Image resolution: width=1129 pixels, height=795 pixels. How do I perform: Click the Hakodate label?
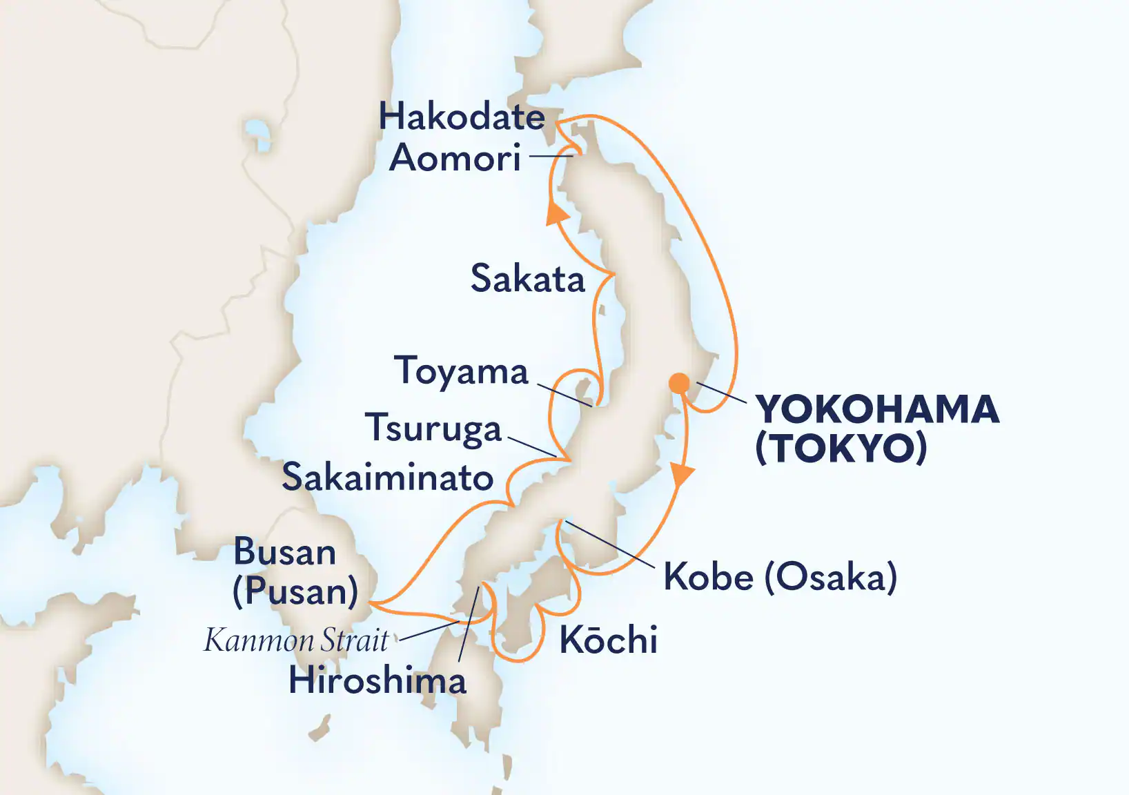(x=462, y=117)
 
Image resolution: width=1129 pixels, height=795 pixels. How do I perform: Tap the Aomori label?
(x=455, y=158)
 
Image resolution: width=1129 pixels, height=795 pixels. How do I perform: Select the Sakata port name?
(x=527, y=279)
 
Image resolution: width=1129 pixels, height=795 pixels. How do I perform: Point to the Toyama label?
(x=461, y=371)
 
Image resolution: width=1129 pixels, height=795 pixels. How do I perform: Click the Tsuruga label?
(x=433, y=428)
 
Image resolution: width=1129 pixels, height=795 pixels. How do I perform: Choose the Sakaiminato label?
(x=388, y=478)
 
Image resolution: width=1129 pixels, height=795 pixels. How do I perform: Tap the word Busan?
(x=284, y=552)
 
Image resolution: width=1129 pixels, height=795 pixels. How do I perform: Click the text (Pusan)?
(x=295, y=591)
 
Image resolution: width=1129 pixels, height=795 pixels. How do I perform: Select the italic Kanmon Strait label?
(x=297, y=640)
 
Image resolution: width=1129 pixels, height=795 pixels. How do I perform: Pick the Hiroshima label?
(x=377, y=681)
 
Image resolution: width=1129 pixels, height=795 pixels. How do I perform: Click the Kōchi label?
(x=608, y=640)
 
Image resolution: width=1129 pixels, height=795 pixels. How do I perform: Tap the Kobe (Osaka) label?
(x=780, y=577)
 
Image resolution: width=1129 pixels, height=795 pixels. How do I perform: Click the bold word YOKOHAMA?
(x=877, y=409)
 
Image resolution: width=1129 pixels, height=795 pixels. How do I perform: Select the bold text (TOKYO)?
(x=841, y=449)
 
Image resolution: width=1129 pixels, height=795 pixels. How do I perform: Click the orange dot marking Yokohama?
(x=679, y=382)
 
